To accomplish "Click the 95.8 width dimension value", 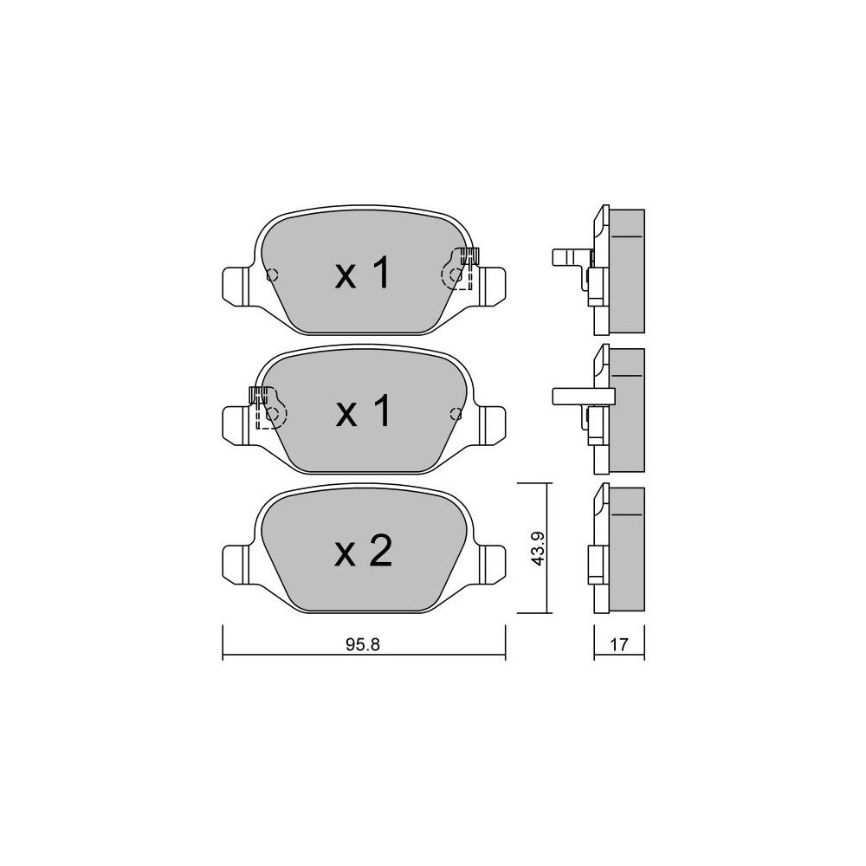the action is (363, 644).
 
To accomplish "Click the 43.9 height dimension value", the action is (538, 548).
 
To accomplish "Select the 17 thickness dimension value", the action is (619, 644).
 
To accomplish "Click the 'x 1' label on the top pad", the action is (363, 274).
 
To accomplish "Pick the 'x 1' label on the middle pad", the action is (363, 411).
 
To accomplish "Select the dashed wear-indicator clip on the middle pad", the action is (268, 408).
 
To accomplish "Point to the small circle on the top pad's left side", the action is (272, 275).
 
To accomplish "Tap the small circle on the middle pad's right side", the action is (456, 413).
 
